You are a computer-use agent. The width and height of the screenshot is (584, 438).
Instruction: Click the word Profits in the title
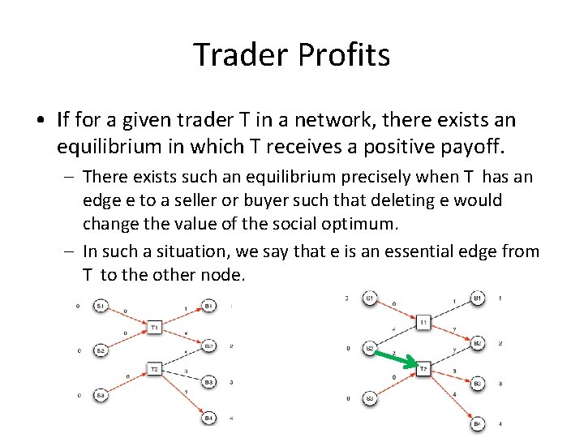click(x=345, y=55)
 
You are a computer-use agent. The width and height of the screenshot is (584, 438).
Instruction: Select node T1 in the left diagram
click(x=154, y=327)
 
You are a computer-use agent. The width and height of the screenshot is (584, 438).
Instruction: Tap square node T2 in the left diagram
click(x=154, y=369)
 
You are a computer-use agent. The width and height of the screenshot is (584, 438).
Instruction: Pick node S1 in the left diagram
click(x=100, y=306)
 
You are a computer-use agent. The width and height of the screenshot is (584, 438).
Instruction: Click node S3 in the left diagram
click(x=100, y=395)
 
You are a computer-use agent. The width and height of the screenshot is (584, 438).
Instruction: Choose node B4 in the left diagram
click(x=208, y=417)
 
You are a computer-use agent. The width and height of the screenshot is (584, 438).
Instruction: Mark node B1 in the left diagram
click(x=208, y=306)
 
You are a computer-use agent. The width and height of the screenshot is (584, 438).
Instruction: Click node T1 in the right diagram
click(x=423, y=323)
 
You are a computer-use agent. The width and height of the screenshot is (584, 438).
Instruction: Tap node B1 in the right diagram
click(x=478, y=298)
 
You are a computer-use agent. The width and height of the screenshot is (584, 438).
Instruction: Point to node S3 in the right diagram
click(x=370, y=398)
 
